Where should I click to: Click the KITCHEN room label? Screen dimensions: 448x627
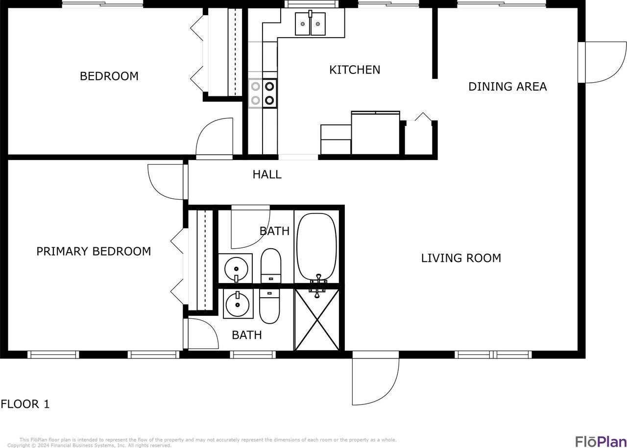click(x=355, y=70)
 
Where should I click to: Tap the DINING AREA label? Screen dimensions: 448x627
click(x=507, y=87)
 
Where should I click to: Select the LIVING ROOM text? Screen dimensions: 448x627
click(x=461, y=258)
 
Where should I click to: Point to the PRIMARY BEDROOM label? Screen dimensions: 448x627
click(x=94, y=251)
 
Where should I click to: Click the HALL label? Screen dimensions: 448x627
click(x=267, y=174)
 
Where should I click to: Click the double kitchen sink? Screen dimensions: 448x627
click(x=310, y=24)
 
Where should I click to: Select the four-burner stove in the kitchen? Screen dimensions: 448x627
click(x=263, y=94)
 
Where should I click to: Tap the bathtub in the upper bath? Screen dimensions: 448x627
click(x=317, y=246)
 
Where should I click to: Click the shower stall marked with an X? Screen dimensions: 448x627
click(x=317, y=319)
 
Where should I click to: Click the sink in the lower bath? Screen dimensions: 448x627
click(x=238, y=304)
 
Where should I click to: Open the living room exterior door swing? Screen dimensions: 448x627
click(x=375, y=379)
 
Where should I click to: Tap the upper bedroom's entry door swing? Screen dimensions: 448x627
click(x=215, y=139)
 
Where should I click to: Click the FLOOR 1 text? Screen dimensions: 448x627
click(x=25, y=404)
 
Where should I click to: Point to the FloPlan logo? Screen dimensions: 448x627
click(x=600, y=441)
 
